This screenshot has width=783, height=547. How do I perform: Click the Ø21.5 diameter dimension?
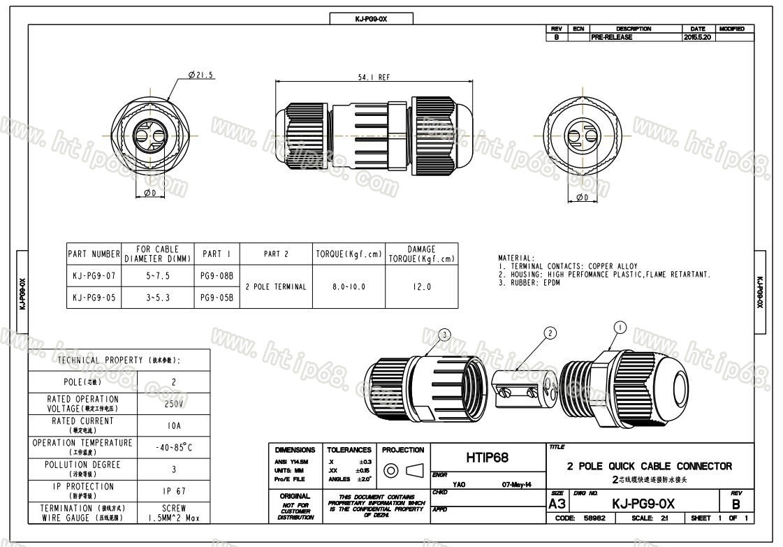(x=200, y=75)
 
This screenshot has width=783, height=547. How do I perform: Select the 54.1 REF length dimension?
(x=374, y=78)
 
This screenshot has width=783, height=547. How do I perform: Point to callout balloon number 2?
(x=550, y=333)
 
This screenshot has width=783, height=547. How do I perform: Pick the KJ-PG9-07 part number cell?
(x=94, y=276)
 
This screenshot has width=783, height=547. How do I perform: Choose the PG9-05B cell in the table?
(x=217, y=297)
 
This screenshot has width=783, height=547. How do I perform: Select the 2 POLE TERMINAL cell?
(x=276, y=286)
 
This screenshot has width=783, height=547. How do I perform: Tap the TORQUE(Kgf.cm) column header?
(x=348, y=254)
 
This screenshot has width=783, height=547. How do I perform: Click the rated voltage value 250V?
(x=174, y=404)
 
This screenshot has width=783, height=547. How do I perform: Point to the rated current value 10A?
(x=174, y=425)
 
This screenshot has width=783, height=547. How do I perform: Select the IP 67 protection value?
(x=174, y=491)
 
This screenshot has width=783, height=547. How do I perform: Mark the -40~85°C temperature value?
(x=174, y=447)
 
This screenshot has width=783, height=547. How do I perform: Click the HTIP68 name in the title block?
(x=487, y=458)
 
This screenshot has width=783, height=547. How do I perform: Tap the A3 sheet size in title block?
(x=557, y=504)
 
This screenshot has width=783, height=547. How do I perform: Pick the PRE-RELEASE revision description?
(x=612, y=37)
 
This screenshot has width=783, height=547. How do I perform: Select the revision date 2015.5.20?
(x=697, y=37)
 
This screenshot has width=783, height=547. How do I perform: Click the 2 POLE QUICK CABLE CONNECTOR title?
(x=650, y=466)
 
